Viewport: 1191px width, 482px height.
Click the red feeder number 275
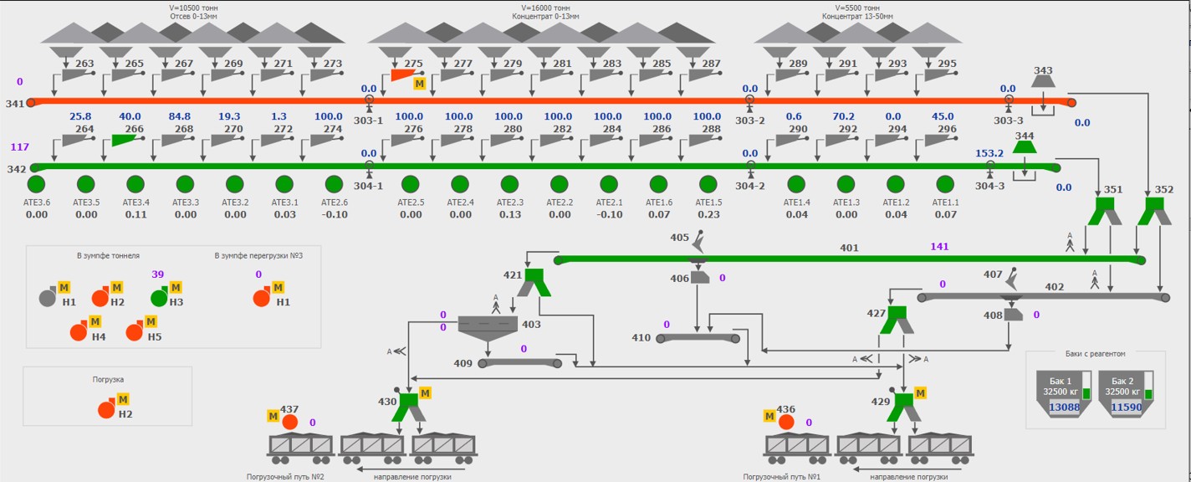click(x=402, y=74)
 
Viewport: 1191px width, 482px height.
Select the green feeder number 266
click(x=123, y=140)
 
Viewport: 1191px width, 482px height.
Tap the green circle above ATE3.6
click(x=36, y=184)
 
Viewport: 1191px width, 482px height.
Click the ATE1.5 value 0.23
click(x=708, y=214)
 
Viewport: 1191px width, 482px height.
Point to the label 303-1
click(x=368, y=120)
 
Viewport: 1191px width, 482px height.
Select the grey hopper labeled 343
click(x=1043, y=81)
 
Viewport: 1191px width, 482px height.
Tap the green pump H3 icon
click(x=159, y=297)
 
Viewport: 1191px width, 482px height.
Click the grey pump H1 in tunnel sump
click(x=49, y=297)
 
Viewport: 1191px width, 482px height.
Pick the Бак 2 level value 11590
click(x=1125, y=408)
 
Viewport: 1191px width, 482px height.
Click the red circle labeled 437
click(x=290, y=422)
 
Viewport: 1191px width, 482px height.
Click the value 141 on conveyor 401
click(x=941, y=247)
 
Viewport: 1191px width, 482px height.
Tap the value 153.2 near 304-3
click(x=989, y=153)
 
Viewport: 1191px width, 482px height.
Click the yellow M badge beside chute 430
click(x=425, y=392)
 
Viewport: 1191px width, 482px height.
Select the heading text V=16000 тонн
click(x=539, y=8)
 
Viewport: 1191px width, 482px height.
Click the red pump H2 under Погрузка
click(x=107, y=409)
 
